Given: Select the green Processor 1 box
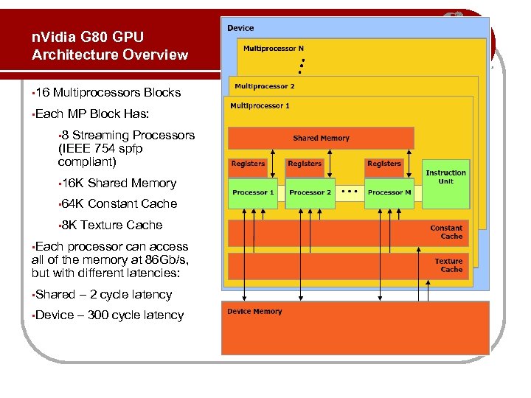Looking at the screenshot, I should (253, 192).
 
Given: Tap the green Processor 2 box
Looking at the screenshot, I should (310, 192).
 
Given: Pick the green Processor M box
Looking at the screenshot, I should (389, 192).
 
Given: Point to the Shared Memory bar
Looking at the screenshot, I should (321, 138).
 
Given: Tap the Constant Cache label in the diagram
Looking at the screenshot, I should (446, 232).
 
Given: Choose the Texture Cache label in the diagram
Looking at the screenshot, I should (448, 265).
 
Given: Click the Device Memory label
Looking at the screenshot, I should (254, 312).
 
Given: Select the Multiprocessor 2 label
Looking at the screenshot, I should (264, 86).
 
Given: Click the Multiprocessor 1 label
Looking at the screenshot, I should (260, 106).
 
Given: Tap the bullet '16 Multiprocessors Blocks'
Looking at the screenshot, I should (109, 93).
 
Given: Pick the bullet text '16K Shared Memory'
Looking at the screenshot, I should (119, 183).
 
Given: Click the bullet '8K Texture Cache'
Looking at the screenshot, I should (112, 225).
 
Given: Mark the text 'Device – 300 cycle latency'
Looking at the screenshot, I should (109, 315).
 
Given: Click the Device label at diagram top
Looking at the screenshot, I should (240, 28).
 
